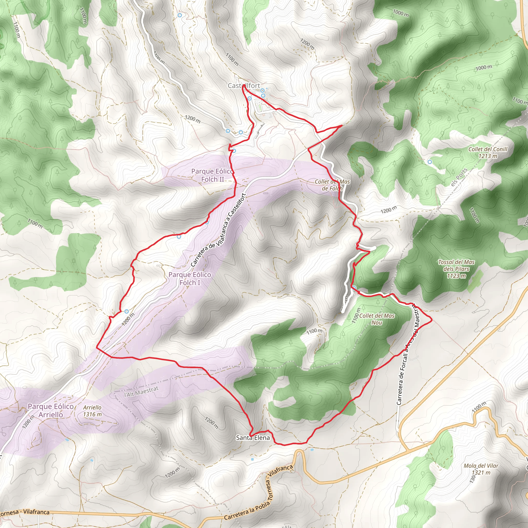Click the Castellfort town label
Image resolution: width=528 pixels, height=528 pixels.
244,86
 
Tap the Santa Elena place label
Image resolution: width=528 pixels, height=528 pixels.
253,438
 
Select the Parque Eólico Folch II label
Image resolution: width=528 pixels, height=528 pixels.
212,175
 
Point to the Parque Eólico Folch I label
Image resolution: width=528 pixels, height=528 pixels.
190,278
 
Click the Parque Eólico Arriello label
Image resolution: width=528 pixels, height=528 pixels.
51,410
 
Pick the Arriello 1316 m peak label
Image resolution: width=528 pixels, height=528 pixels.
92,411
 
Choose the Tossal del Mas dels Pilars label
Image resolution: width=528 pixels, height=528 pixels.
456,269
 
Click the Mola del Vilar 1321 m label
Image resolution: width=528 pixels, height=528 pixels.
481,469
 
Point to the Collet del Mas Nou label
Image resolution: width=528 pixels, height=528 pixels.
377,319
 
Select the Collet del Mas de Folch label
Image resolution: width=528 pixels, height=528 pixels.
332,185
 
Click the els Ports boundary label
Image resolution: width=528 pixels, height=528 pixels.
459,177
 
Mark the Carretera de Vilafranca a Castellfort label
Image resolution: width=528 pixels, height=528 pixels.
219,230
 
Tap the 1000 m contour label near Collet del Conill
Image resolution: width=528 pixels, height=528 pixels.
484,67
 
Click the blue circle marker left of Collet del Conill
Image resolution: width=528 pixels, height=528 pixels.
430,162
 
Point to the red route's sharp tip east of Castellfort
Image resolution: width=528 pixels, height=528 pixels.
342,126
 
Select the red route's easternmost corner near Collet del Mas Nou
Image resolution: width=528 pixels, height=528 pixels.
432,319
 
